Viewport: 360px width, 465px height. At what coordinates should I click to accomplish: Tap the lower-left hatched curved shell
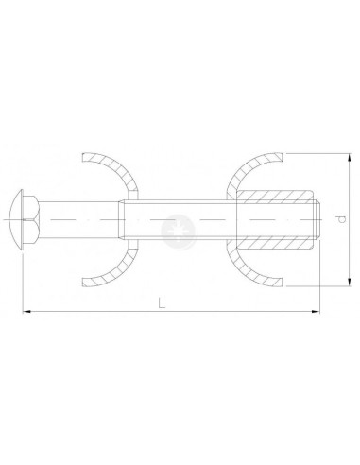[119, 273]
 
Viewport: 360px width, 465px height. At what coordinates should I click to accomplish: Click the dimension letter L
[163, 302]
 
